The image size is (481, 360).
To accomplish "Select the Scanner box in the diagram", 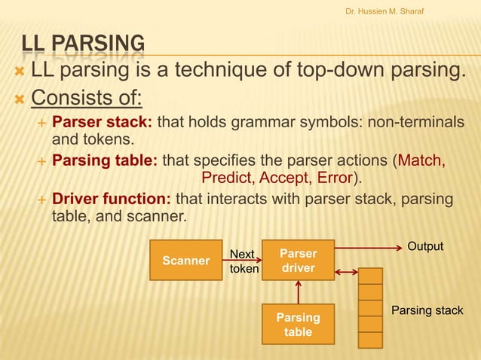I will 186,261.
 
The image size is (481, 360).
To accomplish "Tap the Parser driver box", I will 298,261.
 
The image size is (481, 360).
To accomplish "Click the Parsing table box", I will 298,325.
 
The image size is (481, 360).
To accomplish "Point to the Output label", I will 425,247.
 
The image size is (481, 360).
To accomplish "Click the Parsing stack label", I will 427,310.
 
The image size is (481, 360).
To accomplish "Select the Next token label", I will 244,261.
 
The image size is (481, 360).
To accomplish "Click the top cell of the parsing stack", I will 370,276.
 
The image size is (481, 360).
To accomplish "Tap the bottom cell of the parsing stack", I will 370,340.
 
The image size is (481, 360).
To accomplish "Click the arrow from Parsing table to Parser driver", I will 299,292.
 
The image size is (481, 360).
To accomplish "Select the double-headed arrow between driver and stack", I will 346,272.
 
